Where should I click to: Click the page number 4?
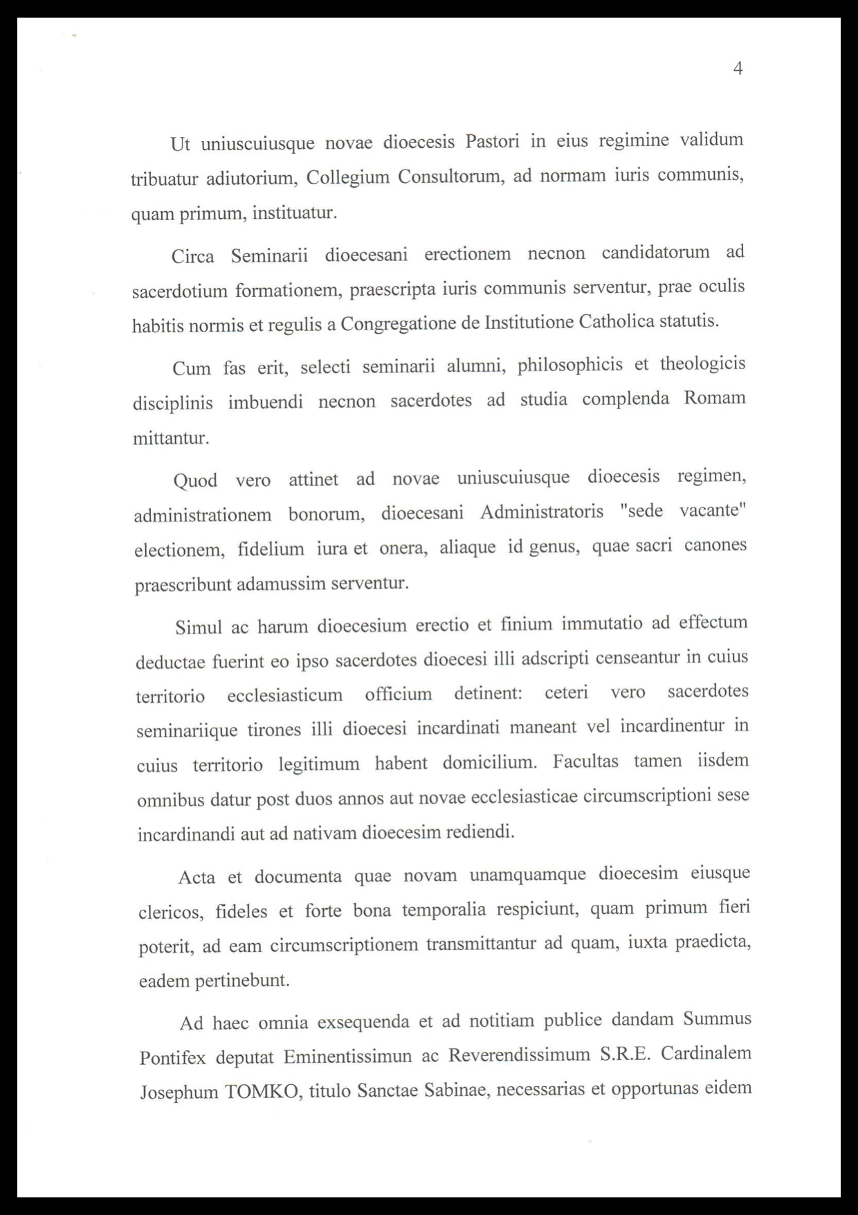point(738,69)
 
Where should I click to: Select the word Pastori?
point(492,141)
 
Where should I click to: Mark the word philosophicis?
point(570,364)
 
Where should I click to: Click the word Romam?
point(715,398)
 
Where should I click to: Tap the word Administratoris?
point(542,512)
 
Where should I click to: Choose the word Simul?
point(199,627)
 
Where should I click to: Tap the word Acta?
point(197,877)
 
